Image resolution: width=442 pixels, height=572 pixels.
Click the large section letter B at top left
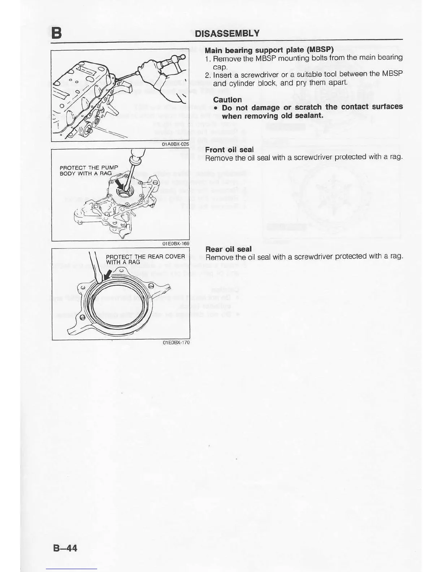pyautogui.click(x=56, y=33)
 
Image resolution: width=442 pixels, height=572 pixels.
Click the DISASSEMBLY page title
pyautogui.click(x=227, y=34)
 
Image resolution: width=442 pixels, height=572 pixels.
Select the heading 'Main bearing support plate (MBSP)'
pyautogui.click(x=269, y=49)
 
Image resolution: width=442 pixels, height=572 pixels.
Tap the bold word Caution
pyautogui.click(x=227, y=100)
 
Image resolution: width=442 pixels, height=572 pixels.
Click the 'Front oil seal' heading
pyautogui.click(x=229, y=149)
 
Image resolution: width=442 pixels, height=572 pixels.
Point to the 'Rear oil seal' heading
pyautogui.click(x=228, y=249)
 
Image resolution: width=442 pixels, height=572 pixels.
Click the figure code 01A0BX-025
pyautogui.click(x=175, y=144)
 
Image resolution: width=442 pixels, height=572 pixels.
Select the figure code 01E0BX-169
pyautogui.click(x=176, y=244)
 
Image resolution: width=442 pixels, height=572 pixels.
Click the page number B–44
pyautogui.click(x=65, y=548)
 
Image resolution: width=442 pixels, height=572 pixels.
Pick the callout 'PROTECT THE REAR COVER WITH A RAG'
pyautogui.click(x=145, y=259)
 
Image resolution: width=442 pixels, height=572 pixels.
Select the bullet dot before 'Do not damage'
pyautogui.click(x=215, y=108)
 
